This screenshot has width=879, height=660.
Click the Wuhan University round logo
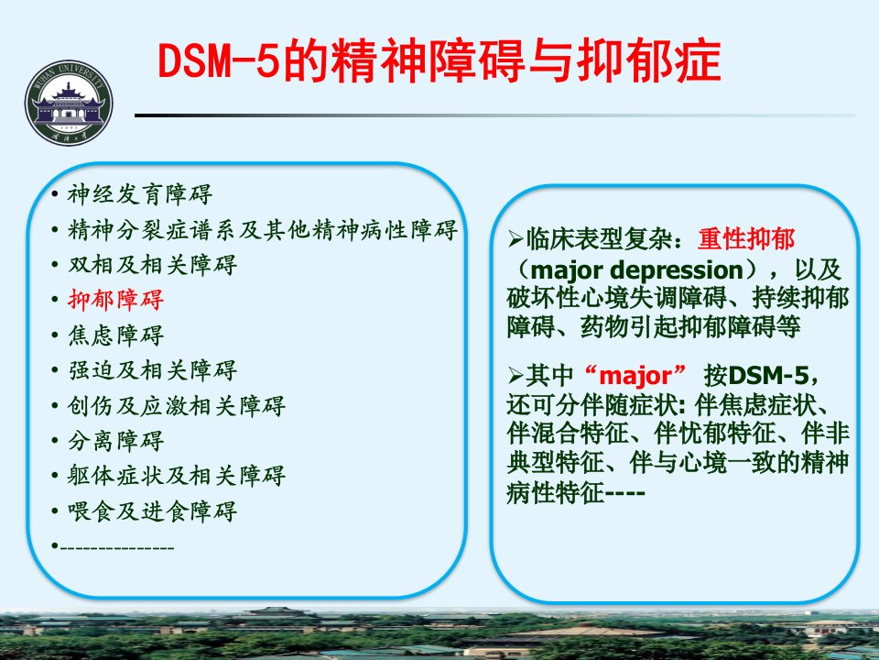coord(69,104)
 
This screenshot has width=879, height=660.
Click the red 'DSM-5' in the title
coord(219,60)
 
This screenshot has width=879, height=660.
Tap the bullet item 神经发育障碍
coord(139,194)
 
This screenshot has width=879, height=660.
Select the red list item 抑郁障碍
coord(115,300)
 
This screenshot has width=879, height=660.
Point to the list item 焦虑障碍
coord(115,335)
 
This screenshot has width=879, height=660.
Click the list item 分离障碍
coord(115,441)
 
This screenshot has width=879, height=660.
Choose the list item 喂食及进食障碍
coord(152,511)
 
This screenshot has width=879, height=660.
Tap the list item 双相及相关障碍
coord(152,264)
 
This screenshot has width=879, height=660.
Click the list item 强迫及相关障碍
coord(152,369)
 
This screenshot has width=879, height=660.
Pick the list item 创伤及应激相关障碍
coord(176,405)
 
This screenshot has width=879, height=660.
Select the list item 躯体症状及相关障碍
coord(176,476)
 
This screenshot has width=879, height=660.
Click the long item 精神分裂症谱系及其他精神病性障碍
coord(263,229)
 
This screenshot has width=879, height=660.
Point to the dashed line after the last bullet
coord(117,546)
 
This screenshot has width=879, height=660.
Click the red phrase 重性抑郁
coord(746,239)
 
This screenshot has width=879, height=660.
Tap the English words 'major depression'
coord(636,270)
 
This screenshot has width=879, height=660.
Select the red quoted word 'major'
coord(635,375)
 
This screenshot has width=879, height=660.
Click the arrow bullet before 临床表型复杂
coord(515,239)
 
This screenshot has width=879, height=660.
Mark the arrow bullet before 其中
coord(515,375)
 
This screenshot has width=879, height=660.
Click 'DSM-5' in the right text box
coord(768,375)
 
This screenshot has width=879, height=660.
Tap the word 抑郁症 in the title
coord(648,60)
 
